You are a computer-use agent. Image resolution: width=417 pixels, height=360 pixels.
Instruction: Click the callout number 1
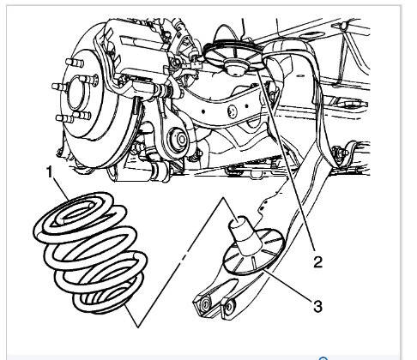pos(50,173)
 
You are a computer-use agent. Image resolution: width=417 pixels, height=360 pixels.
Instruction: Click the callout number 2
pos(317,261)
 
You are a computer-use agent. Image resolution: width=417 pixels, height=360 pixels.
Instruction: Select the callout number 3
pos(317,306)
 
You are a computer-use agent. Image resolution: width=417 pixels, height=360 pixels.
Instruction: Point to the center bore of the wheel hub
pos(76,92)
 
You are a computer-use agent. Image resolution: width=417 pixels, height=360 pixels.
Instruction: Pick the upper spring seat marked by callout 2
pos(233,57)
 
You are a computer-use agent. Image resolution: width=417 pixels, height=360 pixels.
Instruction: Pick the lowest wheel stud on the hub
pos(64,119)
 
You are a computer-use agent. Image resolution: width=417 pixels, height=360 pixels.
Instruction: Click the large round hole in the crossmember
pos(233,111)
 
